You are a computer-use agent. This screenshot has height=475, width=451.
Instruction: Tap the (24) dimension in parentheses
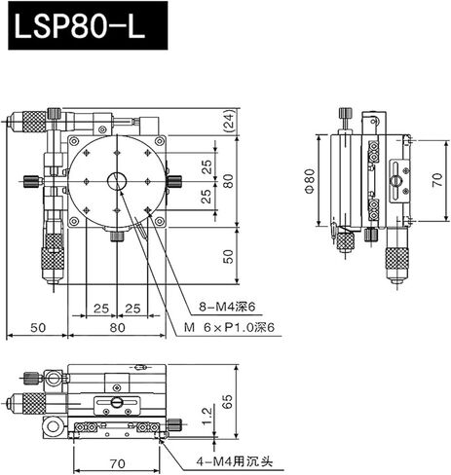227,123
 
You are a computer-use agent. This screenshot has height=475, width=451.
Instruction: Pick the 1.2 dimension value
206,418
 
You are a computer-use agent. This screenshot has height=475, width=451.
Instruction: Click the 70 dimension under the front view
118,450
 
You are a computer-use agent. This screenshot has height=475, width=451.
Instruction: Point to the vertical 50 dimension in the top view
227,256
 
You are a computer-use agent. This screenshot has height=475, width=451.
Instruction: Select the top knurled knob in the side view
346,115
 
